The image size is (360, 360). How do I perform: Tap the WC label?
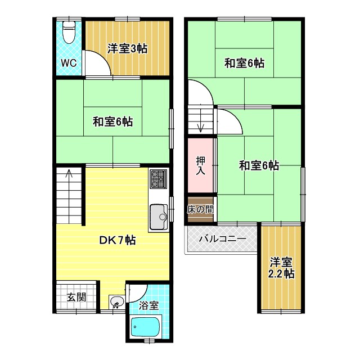click(69, 62)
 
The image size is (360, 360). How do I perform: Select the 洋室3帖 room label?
click(127, 48)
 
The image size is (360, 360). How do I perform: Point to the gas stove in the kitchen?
click(157, 179)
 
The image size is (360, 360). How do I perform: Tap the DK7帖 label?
click(117, 240)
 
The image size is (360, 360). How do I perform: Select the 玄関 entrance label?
click(76, 297)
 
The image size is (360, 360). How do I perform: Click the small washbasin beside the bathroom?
click(116, 303)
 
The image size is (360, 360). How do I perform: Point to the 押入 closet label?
click(201, 166)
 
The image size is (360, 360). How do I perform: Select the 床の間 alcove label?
click(200, 209)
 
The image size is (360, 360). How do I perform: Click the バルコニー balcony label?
click(223, 239)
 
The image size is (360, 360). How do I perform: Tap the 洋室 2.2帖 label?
click(281, 268)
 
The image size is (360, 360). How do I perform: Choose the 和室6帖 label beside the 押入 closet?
click(259, 165)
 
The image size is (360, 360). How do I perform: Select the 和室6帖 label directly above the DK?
click(113, 121)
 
